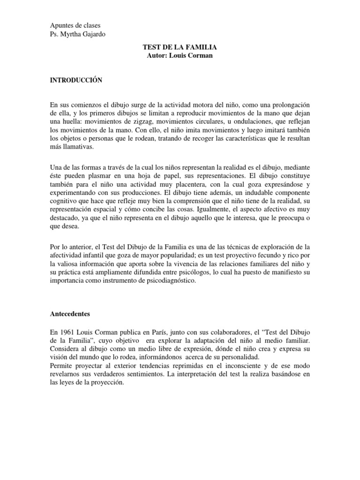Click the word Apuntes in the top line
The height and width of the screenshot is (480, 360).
click(61, 25)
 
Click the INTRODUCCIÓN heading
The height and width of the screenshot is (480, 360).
click(76, 80)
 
